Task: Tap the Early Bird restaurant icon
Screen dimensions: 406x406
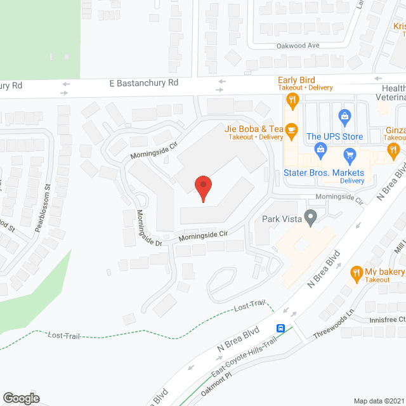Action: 292,98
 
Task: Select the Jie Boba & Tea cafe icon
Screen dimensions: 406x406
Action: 292,131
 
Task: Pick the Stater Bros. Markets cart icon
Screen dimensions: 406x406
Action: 349,155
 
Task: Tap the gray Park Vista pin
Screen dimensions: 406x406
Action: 310,218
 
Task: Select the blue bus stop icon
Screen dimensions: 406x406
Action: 280,329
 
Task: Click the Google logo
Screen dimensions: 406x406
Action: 21,398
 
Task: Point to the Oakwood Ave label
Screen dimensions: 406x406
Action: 298,46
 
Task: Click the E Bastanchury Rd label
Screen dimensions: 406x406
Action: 144,83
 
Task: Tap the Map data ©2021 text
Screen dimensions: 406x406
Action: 378,400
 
